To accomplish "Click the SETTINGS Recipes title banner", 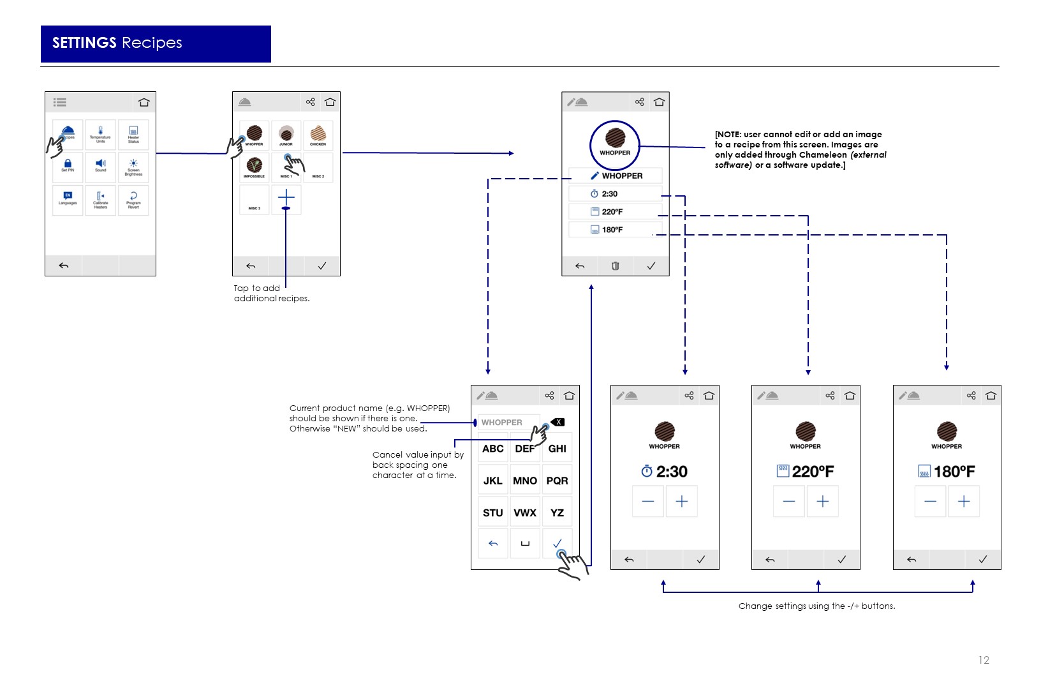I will pos(156,43).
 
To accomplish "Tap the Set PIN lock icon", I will pos(68,164).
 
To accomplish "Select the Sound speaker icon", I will pos(101,164).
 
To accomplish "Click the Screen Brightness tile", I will pos(133,167).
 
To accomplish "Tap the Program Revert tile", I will pos(133,200).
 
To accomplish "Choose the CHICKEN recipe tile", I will pos(318,135).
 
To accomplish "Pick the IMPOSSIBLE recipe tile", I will pos(254,167).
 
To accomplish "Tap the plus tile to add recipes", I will pos(286,199).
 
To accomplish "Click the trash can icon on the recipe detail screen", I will pos(616,266).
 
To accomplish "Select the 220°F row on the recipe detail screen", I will pos(616,212).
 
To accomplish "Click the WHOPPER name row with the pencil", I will pos(616,176).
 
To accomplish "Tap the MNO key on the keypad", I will pos(525,481).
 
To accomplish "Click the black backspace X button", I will pos(558,422).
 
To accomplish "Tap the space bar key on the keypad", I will pos(525,544).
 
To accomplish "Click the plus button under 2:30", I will pos(681,502).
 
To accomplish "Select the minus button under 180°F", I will pos(931,502).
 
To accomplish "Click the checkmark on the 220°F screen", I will pos(841,560).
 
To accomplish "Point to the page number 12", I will pos(984,660).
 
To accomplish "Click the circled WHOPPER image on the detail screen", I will pos(615,144).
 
